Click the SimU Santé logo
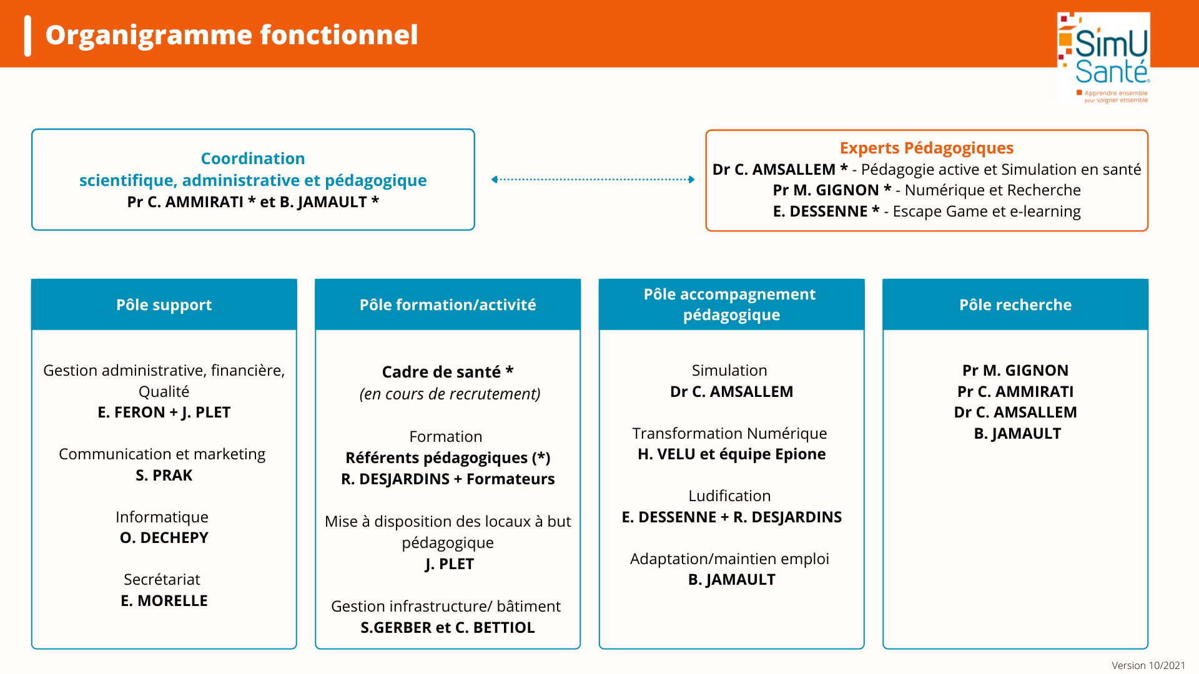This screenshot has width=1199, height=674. tap(1103, 57)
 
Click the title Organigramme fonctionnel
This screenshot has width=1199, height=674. tap(232, 35)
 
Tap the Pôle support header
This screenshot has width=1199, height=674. tap(164, 305)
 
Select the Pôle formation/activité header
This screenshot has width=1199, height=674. tap(448, 305)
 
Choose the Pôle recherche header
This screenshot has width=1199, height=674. tap(1015, 305)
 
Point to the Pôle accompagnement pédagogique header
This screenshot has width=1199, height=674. tap(731, 305)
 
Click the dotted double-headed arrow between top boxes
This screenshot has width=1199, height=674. tap(593, 180)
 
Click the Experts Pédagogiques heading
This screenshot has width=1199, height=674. tap(927, 148)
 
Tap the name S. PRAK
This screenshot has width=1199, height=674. tap(164, 476)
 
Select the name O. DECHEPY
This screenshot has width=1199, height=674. tap(164, 538)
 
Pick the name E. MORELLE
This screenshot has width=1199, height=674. tap(164, 601)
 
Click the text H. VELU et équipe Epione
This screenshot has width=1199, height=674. tap(732, 454)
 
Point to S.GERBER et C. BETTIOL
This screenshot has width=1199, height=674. tap(448, 628)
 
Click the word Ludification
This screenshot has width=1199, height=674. tap(729, 496)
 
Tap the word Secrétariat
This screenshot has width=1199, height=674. tap(162, 580)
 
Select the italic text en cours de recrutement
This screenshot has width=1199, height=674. tap(450, 394)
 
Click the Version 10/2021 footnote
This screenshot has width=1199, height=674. tap(1148, 665)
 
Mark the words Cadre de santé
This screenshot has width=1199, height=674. tap(441, 372)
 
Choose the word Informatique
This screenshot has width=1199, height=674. tap(162, 517)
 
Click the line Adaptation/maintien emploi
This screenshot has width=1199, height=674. tap(729, 559)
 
